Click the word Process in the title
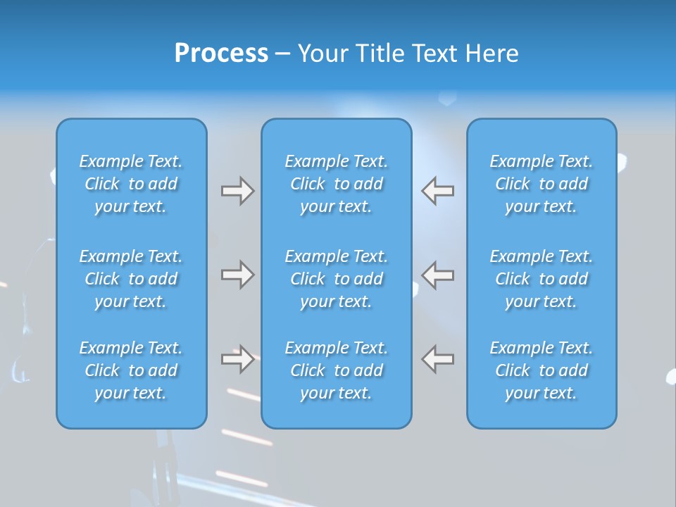(x=221, y=54)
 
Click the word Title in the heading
(x=380, y=54)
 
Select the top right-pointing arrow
(x=237, y=191)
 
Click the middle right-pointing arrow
(x=237, y=275)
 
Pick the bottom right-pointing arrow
(x=237, y=359)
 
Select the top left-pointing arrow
(x=438, y=191)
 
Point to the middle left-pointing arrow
(x=438, y=275)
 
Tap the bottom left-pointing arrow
(x=438, y=359)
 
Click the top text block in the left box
(x=131, y=184)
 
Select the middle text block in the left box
(x=131, y=279)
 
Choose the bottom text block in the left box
(x=131, y=370)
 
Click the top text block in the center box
(x=336, y=184)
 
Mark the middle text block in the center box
(x=336, y=279)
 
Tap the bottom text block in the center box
(x=336, y=370)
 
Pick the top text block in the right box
(x=541, y=184)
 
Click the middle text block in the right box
(x=541, y=279)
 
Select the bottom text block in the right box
(x=541, y=370)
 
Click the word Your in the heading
(x=325, y=54)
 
